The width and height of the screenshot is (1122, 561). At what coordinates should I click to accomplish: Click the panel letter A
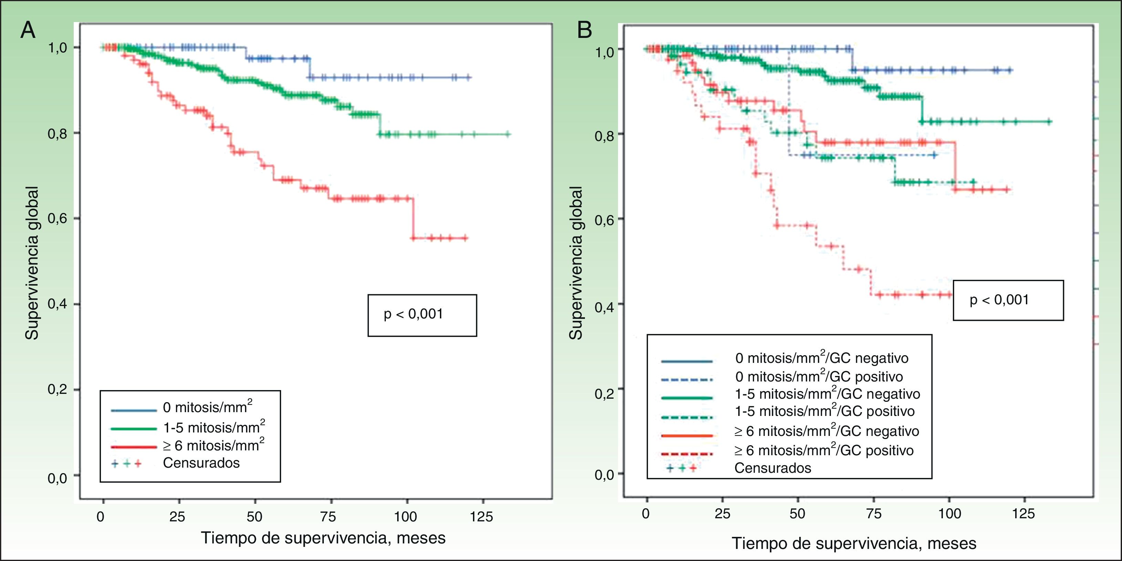coord(28,30)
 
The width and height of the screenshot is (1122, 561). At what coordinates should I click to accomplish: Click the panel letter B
coord(585,30)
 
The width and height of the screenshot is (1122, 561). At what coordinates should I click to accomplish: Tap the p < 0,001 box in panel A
coord(422,315)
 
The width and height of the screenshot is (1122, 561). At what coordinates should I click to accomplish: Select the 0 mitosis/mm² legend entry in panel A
coord(207,407)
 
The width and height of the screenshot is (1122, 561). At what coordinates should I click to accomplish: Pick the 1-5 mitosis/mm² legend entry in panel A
coord(214,427)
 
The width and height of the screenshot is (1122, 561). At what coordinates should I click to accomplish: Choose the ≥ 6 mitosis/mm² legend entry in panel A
coord(214,445)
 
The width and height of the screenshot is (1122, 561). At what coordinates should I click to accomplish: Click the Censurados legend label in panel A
coord(201,462)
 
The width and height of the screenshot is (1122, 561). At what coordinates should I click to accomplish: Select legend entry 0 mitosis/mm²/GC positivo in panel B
coord(819,376)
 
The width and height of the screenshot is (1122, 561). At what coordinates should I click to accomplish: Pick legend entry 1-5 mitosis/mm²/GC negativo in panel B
coord(827,394)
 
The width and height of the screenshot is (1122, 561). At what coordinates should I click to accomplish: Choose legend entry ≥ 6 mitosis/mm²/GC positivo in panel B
coord(824,450)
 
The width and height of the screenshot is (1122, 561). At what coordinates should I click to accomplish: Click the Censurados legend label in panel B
coord(773,468)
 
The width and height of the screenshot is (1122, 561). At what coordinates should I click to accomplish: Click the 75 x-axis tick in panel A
coord(328,517)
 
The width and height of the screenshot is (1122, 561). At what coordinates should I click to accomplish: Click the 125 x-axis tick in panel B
coord(1023,514)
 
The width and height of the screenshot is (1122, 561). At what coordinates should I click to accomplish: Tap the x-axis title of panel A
coord(323,538)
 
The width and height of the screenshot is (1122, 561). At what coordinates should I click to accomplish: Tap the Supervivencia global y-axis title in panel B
coord(576,263)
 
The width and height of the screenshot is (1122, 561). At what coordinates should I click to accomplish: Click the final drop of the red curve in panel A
coord(412,218)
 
